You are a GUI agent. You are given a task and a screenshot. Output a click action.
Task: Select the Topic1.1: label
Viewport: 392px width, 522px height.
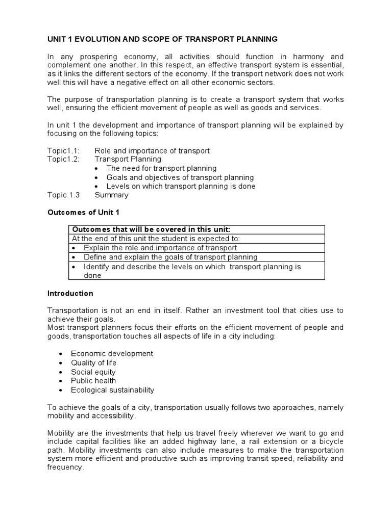[64, 150]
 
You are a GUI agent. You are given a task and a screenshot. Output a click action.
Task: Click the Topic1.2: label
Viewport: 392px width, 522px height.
[64, 159]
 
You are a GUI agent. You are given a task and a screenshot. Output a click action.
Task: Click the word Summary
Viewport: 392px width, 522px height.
[112, 195]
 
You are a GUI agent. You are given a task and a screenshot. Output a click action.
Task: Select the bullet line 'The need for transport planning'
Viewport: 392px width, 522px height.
[161, 168]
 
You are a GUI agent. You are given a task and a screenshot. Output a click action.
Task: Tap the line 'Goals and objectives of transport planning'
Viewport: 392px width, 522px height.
[180, 177]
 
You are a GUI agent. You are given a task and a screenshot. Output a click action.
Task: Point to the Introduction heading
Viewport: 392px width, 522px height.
[70, 293]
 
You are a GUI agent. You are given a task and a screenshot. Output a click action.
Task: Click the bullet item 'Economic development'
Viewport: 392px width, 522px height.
[112, 353]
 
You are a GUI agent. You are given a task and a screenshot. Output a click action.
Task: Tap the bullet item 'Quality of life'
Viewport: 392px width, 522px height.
[93, 362]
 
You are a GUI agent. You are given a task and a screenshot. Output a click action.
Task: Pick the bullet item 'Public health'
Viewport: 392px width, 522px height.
[93, 381]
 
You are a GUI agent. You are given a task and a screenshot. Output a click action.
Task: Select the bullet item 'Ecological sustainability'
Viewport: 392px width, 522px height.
[112, 390]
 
